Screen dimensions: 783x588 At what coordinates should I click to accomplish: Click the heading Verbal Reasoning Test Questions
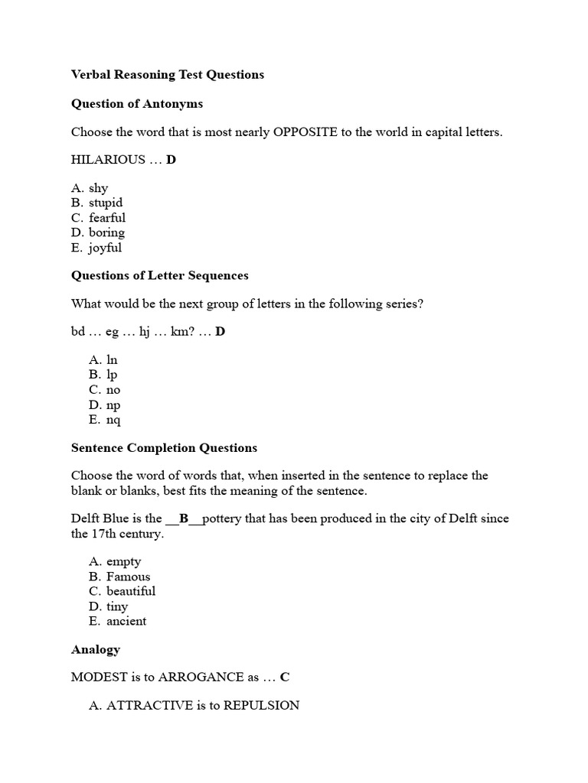point(168,74)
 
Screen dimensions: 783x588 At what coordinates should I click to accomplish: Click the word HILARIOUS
point(108,160)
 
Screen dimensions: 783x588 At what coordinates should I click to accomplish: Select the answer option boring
point(106,232)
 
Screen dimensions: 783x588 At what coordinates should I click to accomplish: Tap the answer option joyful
point(105,248)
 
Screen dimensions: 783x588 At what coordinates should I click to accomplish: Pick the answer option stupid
point(106,203)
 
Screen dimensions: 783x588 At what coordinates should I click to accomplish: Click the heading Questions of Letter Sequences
point(159,275)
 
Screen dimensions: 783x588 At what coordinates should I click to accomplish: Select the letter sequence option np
point(113,404)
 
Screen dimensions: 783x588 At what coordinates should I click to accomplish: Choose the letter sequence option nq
point(113,420)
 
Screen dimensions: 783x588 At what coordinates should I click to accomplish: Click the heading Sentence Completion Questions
point(164,448)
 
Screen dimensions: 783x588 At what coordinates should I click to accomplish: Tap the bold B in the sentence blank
point(184,518)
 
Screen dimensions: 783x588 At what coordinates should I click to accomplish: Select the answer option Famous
point(128,577)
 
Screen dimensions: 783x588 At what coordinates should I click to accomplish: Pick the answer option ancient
point(126,621)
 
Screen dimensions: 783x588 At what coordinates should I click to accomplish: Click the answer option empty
point(124,561)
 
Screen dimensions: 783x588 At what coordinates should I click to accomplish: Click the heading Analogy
point(96,649)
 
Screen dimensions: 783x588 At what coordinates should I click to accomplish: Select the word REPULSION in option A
point(261,706)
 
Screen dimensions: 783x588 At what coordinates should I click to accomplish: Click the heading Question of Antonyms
point(137,103)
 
